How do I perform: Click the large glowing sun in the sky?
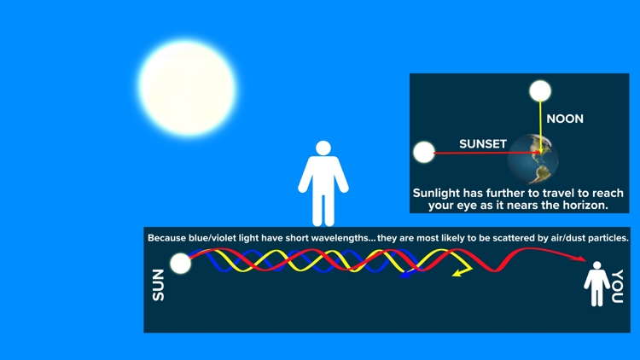187,88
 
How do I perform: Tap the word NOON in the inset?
565,119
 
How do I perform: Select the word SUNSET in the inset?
483,144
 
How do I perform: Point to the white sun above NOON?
540,91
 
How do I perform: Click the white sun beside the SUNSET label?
424,153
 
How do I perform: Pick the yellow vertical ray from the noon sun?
539,124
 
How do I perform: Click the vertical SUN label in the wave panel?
159,285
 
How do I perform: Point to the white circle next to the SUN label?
180,264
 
